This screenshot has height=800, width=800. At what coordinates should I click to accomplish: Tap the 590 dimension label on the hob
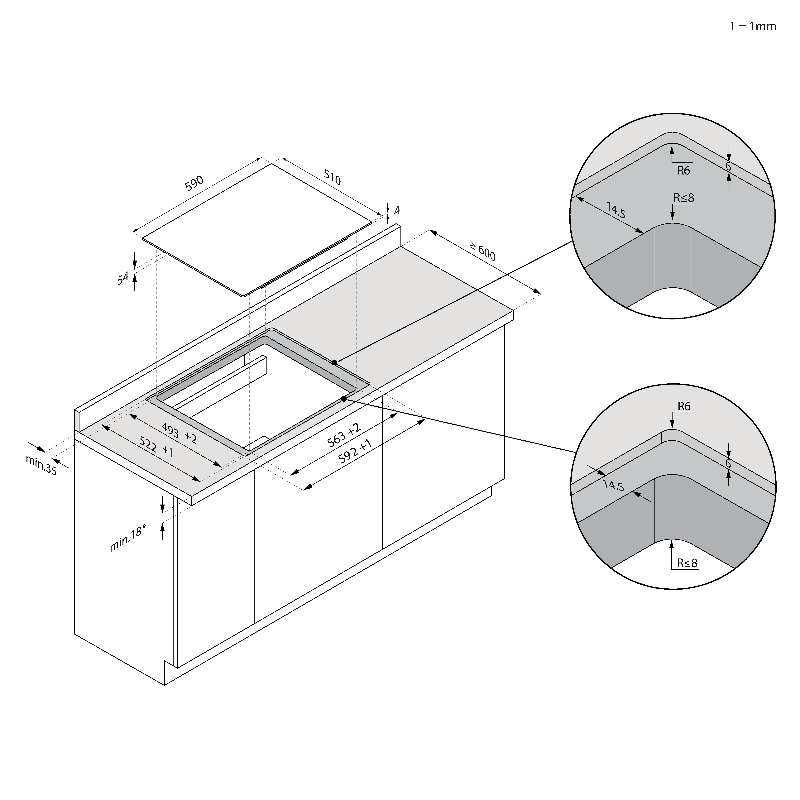pos(194,183)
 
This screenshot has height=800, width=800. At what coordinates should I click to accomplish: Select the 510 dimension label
pos(332,178)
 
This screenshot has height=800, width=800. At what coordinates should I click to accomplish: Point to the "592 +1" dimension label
pos(355,451)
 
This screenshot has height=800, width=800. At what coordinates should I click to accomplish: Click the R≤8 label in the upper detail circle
pos(684,198)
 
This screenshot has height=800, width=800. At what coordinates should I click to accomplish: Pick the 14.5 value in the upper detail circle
pos(616,210)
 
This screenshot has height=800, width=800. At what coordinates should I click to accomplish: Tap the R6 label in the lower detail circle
pos(684,407)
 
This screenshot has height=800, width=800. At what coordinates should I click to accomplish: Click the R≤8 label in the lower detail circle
pos(687,563)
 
